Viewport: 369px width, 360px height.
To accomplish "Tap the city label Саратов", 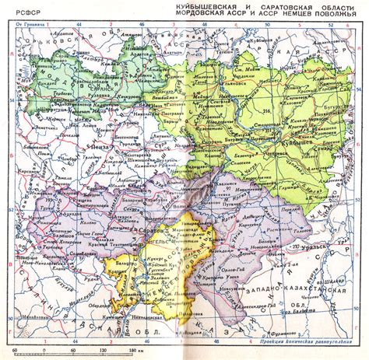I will (x=152, y=232).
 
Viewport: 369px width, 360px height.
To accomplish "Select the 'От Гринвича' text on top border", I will (x=29, y=26).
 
